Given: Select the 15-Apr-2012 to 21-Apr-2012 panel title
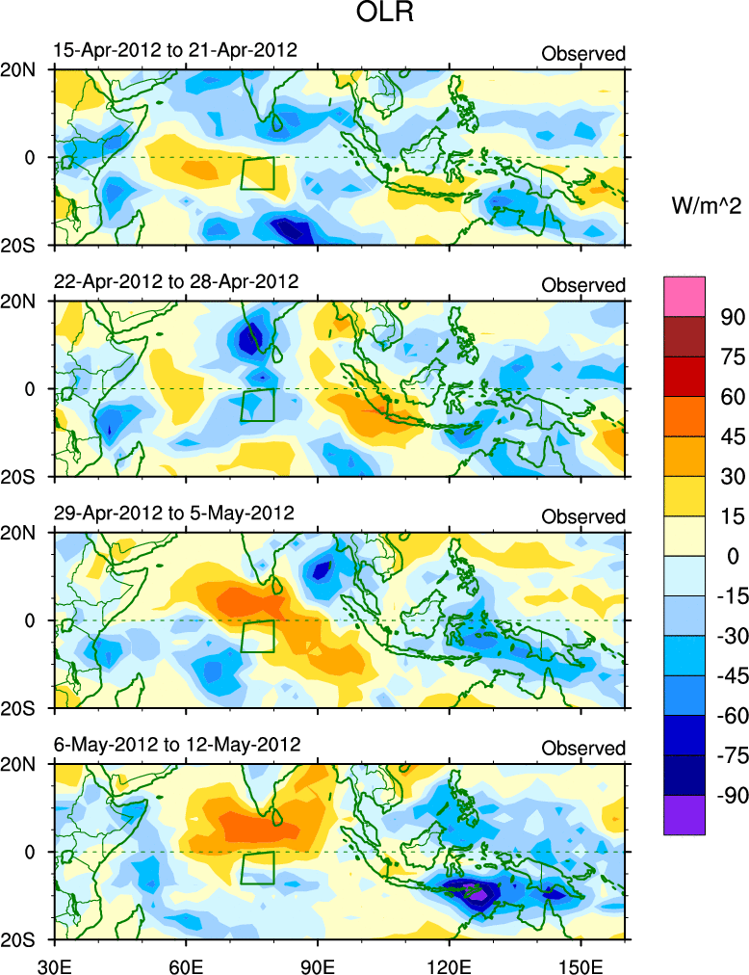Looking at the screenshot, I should (x=174, y=49).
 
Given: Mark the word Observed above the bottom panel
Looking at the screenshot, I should (x=583, y=748).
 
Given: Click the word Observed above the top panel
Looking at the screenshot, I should (x=583, y=53).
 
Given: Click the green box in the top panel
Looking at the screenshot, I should (x=258, y=173).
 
